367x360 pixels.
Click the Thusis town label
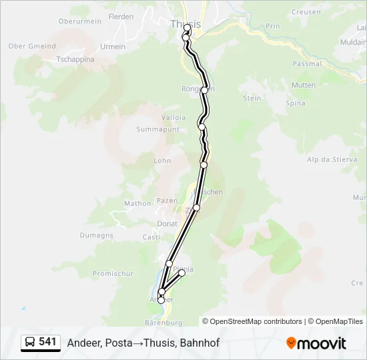click(x=185, y=24)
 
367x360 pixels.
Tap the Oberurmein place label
click(x=80, y=21)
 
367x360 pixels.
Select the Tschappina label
click(x=75, y=59)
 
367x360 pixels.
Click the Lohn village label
click(x=162, y=161)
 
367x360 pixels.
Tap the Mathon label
click(x=138, y=204)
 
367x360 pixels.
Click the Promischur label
click(x=113, y=273)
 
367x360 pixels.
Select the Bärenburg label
click(x=163, y=323)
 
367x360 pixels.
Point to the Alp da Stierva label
click(x=331, y=159)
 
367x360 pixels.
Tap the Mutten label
click(x=304, y=85)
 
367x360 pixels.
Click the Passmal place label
click(x=307, y=64)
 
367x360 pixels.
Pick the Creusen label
click(x=306, y=13)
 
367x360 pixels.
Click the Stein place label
click(x=252, y=98)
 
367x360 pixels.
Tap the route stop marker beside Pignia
click(x=181, y=273)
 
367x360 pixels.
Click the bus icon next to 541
click(x=30, y=343)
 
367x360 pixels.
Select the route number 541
click(x=47, y=342)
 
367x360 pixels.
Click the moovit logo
click(x=316, y=343)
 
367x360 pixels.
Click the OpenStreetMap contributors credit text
click(x=256, y=321)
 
